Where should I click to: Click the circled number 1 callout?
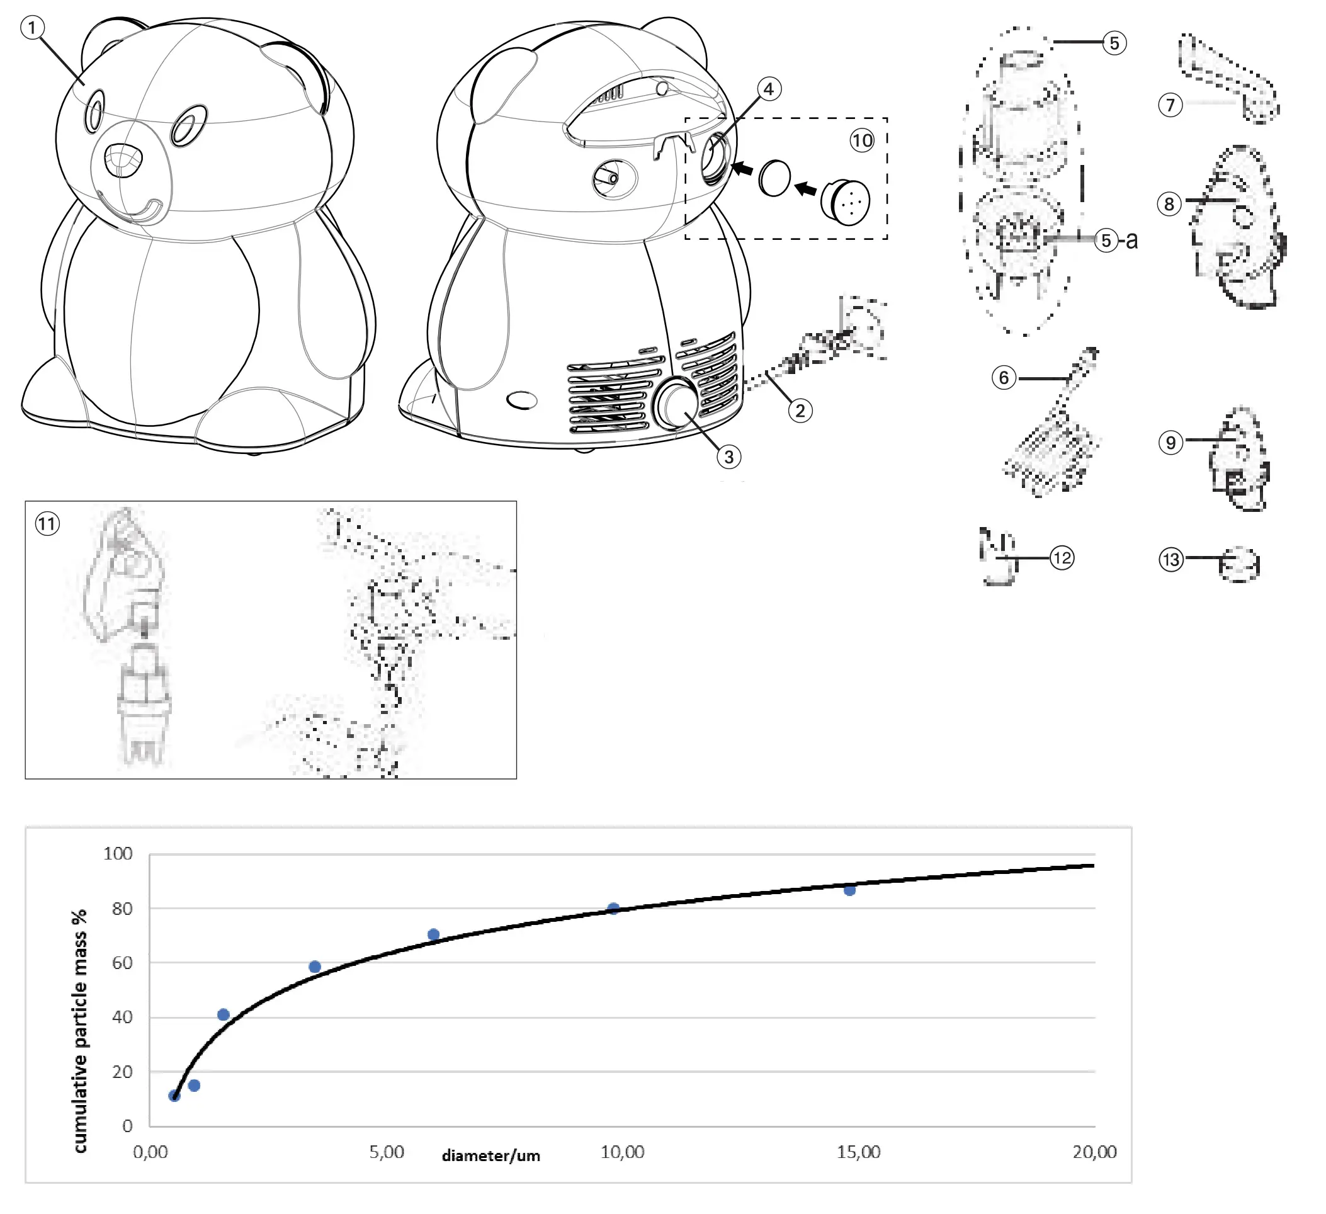pos(32,28)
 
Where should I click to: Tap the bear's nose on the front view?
pos(123,160)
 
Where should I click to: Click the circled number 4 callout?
pos(769,89)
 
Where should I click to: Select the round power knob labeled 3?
pos(676,404)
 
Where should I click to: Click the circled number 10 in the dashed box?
pos(861,140)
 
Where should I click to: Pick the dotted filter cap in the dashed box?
pos(846,202)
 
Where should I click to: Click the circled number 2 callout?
pos(800,411)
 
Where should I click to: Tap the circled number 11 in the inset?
pos(47,524)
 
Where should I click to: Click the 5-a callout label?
pos(1116,240)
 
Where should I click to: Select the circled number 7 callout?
pos(1170,105)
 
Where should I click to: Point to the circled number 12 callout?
pos(1062,559)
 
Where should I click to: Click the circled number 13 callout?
pos(1170,560)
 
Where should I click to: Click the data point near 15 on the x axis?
pos(850,890)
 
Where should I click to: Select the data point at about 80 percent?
pos(613,909)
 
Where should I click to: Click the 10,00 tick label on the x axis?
pos(622,1152)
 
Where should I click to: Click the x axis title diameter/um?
pos(490,1155)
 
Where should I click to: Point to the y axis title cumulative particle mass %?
pos(79,1031)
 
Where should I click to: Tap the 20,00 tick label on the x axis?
pos(1094,1152)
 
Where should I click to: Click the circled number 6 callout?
pos(1004,378)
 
